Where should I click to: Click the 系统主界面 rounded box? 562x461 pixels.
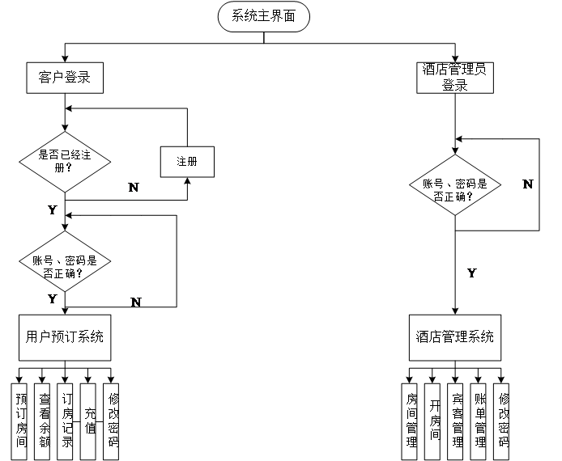263,17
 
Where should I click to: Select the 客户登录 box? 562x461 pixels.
64,78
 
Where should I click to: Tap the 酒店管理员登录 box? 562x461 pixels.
454,77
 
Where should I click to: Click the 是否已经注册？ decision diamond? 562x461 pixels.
65,162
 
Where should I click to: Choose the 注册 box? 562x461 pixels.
187,162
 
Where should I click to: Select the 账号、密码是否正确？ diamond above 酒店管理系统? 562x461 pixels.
454,189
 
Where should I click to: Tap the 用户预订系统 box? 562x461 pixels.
65,337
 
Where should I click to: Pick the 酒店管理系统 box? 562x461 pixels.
454,337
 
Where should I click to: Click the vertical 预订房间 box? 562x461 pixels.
21,421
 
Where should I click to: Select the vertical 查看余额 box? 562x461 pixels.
44,421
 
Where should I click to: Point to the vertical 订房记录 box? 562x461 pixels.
66,421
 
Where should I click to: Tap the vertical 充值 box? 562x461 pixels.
89,421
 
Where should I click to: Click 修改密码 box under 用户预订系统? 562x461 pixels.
112,421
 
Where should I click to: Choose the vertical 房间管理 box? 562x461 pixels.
411,421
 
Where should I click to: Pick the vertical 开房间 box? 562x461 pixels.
433,421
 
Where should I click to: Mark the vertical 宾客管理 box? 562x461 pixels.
456,421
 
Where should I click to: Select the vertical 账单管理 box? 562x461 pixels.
479,421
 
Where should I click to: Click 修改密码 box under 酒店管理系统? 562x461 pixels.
502,421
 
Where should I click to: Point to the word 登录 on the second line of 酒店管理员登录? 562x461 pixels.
454,85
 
